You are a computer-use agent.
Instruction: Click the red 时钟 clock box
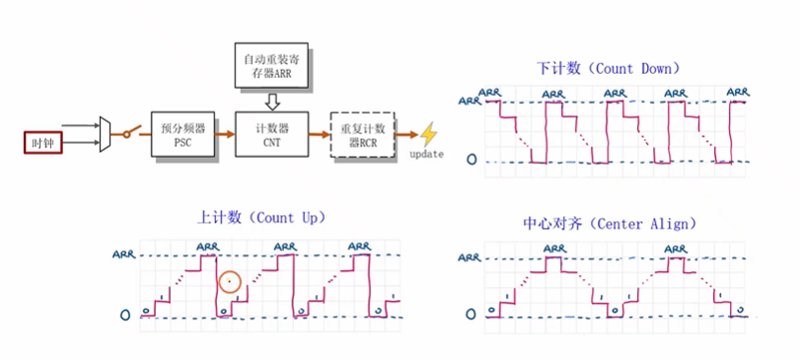click(42, 143)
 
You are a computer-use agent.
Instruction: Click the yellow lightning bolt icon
click(428, 134)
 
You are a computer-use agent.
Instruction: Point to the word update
click(426, 155)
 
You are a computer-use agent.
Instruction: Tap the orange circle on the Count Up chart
click(230, 282)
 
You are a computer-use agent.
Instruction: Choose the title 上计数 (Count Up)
click(261, 217)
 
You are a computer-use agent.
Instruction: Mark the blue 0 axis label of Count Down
click(472, 159)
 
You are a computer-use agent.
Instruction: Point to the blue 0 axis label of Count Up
click(124, 316)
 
